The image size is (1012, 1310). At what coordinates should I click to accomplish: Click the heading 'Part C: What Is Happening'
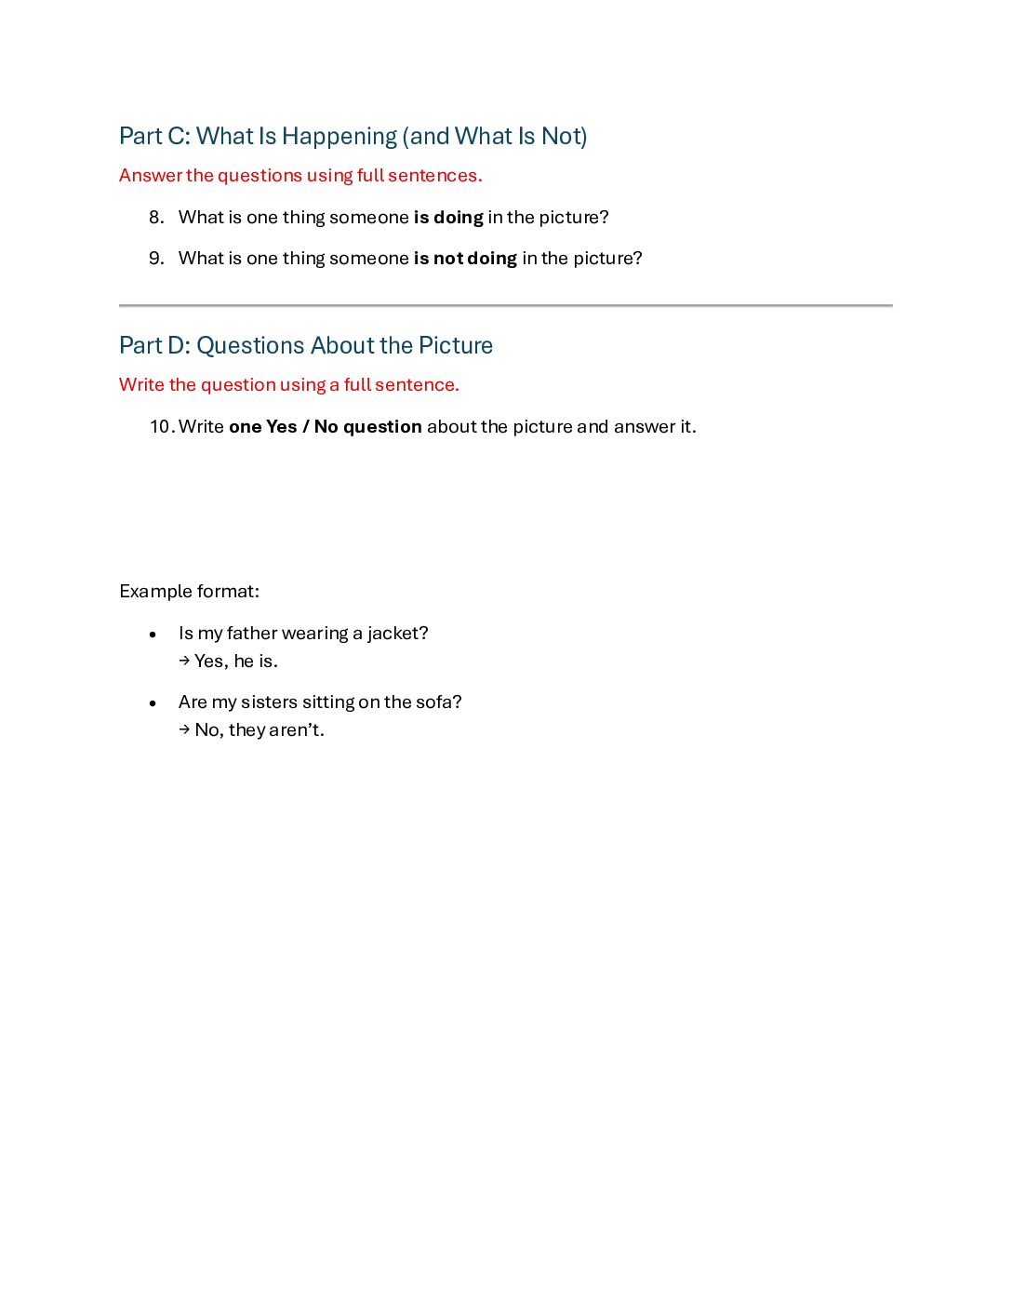tap(353, 137)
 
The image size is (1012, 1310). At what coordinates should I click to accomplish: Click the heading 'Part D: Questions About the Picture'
tap(306, 346)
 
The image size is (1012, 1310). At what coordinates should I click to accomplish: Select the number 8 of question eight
tap(155, 218)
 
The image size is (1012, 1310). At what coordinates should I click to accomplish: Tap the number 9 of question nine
tap(155, 259)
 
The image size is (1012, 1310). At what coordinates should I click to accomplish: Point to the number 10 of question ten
tap(161, 427)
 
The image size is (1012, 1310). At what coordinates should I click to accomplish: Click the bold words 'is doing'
tap(448, 218)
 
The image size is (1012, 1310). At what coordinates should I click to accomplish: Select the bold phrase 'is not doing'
tap(465, 259)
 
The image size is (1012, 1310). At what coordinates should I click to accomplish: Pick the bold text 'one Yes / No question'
tap(326, 427)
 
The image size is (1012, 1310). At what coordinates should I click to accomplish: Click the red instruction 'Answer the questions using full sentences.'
tap(300, 176)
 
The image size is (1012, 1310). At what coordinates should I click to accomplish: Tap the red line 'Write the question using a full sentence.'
tap(289, 385)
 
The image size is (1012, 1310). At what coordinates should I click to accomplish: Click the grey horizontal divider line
tap(506, 305)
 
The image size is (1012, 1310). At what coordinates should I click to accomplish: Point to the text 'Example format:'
tap(190, 592)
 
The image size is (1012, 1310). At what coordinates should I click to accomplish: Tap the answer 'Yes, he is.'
tap(236, 662)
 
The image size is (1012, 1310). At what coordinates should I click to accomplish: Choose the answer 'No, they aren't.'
tap(260, 730)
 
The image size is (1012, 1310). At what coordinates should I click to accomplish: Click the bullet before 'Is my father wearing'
tap(153, 635)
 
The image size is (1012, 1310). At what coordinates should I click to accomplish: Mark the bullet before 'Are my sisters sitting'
tap(153, 703)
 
